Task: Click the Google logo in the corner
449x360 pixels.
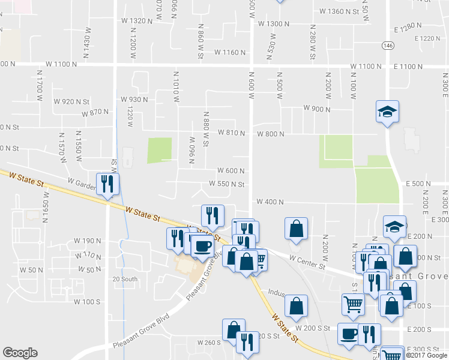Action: click(20, 353)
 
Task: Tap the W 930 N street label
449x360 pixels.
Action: click(134, 99)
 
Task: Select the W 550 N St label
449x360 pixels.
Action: click(227, 184)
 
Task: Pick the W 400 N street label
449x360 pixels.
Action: click(270, 202)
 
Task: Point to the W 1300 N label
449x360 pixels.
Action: click(274, 24)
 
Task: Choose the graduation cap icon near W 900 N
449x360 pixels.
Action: click(388, 111)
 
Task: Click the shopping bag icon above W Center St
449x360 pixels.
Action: click(296, 229)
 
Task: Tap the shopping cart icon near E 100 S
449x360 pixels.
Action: click(353, 304)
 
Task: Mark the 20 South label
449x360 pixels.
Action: click(125, 279)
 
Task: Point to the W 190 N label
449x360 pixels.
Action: click(87, 241)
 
